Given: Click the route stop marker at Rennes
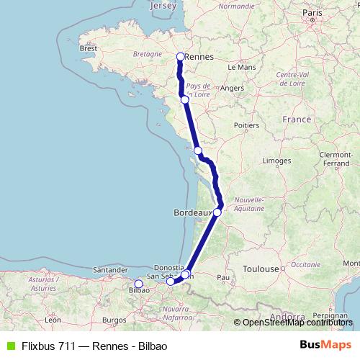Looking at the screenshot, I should point(181,56).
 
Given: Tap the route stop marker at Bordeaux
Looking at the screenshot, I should point(217,212).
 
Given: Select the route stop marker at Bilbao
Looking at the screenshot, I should point(139,284).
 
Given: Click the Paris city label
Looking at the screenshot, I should point(312,13).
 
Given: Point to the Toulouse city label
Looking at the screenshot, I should point(260,269).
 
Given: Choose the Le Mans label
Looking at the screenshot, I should point(241,67).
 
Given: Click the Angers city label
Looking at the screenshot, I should point(232,88).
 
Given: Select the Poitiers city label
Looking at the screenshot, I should point(246,125).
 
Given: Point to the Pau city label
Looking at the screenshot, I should point(223,276).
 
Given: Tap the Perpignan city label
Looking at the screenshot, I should point(330,315).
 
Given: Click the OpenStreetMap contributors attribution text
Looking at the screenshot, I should point(297,323).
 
